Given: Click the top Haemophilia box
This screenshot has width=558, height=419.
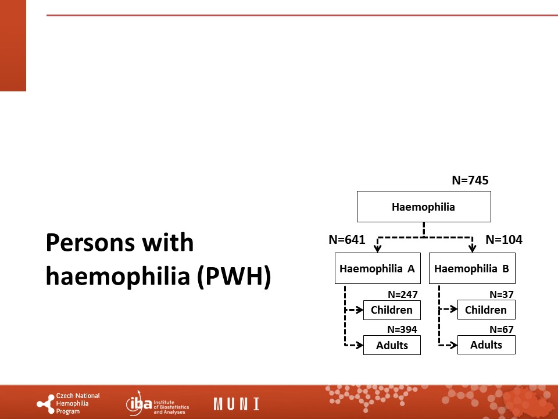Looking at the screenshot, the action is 424,207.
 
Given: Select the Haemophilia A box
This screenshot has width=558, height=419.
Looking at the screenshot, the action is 378,268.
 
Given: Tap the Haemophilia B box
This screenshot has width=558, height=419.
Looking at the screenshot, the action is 472,268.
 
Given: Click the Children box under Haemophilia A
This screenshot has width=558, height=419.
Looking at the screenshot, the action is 392,310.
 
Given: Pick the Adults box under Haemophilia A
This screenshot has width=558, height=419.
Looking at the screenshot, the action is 392,345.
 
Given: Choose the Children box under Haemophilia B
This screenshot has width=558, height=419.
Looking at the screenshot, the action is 486,310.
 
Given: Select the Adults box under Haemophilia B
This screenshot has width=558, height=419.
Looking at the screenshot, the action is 486,345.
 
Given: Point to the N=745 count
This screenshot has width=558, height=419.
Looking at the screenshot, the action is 470,180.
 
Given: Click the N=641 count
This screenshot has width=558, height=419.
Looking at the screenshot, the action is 347,239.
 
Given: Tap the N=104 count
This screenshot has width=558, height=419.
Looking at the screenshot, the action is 504,239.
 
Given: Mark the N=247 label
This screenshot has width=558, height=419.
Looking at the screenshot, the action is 402,294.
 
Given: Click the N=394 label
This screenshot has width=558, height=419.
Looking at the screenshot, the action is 402,329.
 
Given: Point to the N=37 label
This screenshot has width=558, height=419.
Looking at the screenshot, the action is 502,294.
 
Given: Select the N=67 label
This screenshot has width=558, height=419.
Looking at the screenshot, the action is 502,329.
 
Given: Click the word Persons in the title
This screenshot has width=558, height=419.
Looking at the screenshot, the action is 90,243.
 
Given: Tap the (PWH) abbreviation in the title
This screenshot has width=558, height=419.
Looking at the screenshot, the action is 234,276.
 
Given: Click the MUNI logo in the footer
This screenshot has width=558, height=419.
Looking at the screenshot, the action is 237,404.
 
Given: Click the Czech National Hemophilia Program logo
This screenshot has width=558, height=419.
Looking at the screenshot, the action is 69,404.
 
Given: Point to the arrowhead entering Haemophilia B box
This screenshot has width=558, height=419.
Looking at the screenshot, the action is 472,248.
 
